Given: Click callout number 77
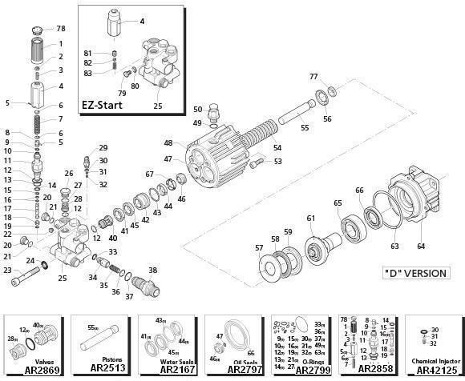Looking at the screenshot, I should click(x=314, y=77).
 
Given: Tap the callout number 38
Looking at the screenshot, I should click(x=152, y=270).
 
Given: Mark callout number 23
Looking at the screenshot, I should click(x=8, y=271).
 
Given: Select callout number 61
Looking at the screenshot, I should click(x=310, y=218).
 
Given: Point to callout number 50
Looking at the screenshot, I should click(x=197, y=109).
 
